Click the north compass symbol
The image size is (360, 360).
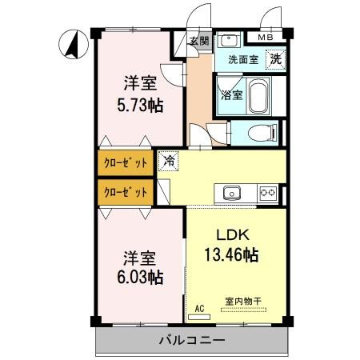tap(74, 44)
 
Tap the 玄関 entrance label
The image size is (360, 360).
tap(199, 41)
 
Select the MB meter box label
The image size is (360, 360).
tap(266, 38)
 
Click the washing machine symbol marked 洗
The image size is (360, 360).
tap(276, 59)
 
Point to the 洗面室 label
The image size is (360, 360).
tap(243, 59)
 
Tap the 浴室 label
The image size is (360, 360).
tap(232, 94)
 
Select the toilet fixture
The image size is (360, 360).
tap(262, 133)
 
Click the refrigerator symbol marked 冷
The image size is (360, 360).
tap(169, 161)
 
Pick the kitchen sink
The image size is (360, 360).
tap(232, 193)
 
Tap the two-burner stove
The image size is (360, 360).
tap(268, 193)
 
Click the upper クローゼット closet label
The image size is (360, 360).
tap(126, 163)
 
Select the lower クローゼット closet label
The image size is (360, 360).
tap(126, 192)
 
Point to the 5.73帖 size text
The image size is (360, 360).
tap(140, 106)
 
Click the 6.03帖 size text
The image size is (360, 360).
tap(140, 277)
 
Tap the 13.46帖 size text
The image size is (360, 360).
tap(231, 254)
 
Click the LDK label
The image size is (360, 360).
tap(233, 235)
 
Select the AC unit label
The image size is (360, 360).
tap(199, 309)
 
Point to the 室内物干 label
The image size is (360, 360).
tap(243, 302)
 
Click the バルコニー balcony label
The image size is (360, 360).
tap(192, 341)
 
